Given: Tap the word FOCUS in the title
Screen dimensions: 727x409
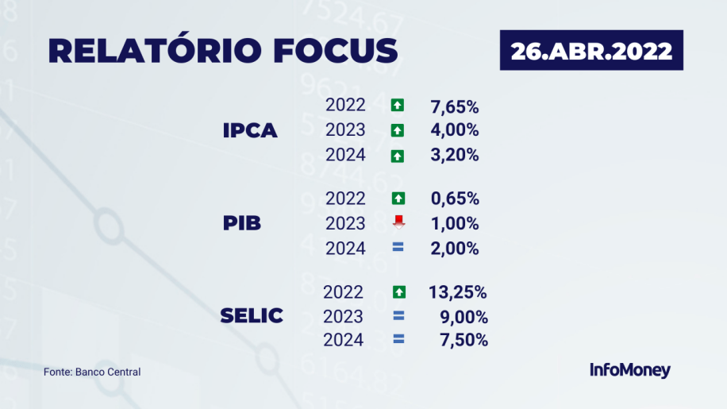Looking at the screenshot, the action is [336, 51].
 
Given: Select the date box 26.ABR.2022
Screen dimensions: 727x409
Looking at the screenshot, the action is [591, 50].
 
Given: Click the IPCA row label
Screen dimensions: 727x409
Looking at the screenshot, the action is [250, 131].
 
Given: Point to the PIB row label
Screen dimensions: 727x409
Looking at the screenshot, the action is [241, 223].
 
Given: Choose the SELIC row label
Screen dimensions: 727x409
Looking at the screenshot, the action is [252, 316].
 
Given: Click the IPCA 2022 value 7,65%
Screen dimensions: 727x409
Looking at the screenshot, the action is [454, 106].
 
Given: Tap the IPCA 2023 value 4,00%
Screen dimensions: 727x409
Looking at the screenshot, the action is [454, 129].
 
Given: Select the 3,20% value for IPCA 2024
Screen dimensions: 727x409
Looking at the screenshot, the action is [454, 155].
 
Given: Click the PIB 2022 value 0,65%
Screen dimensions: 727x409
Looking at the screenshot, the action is [455, 199].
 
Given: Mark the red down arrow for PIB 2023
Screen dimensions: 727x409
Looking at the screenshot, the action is [398, 222].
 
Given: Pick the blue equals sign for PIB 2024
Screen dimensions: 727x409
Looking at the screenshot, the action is [398, 247].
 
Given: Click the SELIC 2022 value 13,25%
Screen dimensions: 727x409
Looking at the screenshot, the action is [458, 292].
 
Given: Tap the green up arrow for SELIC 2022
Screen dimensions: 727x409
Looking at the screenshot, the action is [398, 292].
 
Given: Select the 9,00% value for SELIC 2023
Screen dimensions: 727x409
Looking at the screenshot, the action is [464, 317].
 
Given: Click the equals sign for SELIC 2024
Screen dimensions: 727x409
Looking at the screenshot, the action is [398, 339].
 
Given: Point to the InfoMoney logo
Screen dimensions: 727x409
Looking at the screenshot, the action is [630, 370].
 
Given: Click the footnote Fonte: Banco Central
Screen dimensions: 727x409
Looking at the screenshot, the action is [92, 372].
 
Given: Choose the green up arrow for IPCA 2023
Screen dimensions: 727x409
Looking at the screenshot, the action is [398, 130].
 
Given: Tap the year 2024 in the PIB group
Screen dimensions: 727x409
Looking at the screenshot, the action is [345, 249].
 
